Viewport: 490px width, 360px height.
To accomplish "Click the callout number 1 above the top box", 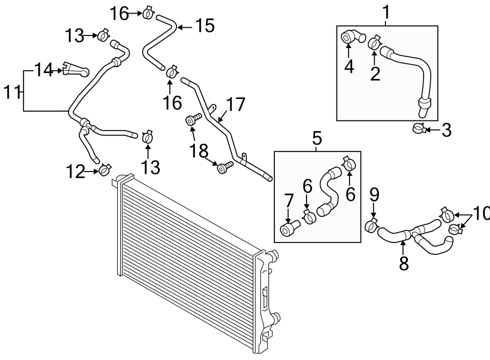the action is tap(387, 12).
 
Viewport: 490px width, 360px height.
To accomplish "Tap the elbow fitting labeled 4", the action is tap(352, 37).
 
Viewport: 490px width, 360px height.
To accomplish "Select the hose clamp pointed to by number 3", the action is tap(419, 128).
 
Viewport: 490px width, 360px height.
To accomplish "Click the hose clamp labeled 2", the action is tap(373, 43).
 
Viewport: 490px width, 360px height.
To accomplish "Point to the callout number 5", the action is tap(317, 138).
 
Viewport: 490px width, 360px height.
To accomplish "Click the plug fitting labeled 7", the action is tap(290, 228).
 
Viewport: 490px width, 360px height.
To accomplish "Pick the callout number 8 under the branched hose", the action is tap(404, 263).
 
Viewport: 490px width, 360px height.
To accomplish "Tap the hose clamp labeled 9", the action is tap(371, 225).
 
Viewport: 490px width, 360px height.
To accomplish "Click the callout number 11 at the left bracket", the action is tap(12, 93).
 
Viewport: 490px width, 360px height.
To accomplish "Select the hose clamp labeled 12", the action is tap(105, 169).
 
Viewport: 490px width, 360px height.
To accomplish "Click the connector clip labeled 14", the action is tap(76, 69).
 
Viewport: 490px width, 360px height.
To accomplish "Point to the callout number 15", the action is tap(205, 26).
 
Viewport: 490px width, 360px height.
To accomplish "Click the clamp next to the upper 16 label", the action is tap(148, 13).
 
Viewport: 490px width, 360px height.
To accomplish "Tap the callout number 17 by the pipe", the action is tap(236, 105).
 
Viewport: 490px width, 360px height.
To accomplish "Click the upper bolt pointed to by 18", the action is tap(193, 119).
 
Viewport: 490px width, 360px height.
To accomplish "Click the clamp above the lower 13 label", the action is tap(148, 137).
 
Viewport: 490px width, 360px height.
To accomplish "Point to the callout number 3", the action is tap(446, 130).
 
